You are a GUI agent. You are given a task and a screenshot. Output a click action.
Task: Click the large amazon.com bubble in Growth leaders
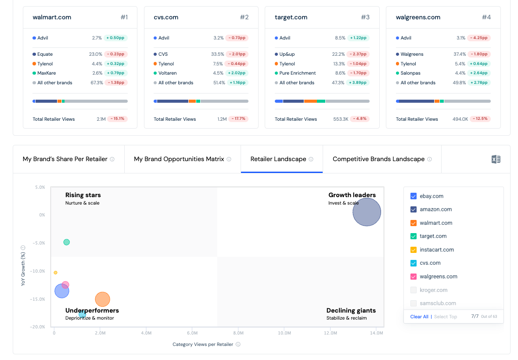pos(367,212)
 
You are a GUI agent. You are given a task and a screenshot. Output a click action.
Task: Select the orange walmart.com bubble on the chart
pos(102,299)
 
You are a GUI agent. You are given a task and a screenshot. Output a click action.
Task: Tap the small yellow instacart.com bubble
pos(55,273)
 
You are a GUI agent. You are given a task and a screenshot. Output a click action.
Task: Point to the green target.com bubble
pos(66,242)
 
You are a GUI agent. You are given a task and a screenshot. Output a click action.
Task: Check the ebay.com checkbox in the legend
pos(413,196)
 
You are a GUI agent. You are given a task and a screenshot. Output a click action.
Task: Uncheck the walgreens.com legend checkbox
pos(413,277)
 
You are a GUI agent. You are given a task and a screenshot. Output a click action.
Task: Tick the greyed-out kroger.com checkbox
pos(413,290)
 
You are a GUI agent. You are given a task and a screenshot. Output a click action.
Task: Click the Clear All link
pos(419,317)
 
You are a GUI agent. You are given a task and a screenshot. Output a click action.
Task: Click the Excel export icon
pos(496,159)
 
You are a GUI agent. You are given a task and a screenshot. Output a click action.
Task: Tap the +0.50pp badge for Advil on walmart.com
pos(115,38)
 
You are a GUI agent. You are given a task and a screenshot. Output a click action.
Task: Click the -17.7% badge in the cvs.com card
pos(238,119)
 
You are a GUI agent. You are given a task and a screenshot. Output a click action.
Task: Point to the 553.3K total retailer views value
pos(341,119)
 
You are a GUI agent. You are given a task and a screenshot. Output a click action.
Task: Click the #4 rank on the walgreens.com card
pos(486,17)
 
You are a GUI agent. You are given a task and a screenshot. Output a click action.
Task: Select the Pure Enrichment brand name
pos(297,73)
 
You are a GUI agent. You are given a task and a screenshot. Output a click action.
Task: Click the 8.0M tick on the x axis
pos(238,333)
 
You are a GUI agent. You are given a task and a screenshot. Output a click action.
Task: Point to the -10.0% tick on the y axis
pos(37,271)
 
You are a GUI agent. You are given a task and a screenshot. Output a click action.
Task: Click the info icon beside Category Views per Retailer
pos(238,344)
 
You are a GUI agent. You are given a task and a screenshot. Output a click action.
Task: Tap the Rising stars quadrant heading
pos(83,195)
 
